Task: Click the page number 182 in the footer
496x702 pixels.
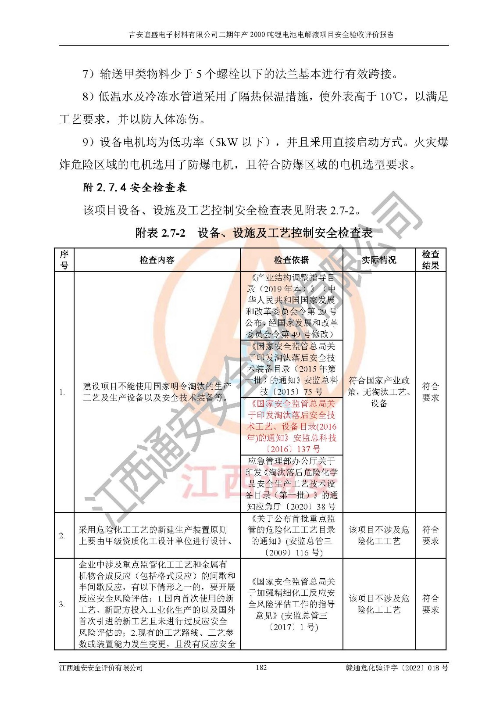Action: (261, 667)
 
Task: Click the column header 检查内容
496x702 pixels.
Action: (157, 260)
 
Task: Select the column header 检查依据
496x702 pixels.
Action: (291, 260)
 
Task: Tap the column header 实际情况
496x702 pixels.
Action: (379, 260)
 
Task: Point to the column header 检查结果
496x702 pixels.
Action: (430, 260)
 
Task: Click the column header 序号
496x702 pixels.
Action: (64, 260)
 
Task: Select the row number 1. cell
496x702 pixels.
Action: (63, 392)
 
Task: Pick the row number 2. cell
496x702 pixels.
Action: (63, 536)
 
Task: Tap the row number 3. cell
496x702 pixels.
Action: (63, 605)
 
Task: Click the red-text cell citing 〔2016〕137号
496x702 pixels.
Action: (291, 426)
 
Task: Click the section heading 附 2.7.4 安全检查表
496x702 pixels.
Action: (135, 188)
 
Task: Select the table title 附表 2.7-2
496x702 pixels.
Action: (161, 233)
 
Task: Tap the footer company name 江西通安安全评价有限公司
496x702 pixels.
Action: (101, 668)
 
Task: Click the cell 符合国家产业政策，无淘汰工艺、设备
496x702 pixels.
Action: (379, 392)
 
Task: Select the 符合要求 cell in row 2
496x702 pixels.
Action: (430, 536)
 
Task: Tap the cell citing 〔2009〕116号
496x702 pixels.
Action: (291, 536)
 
